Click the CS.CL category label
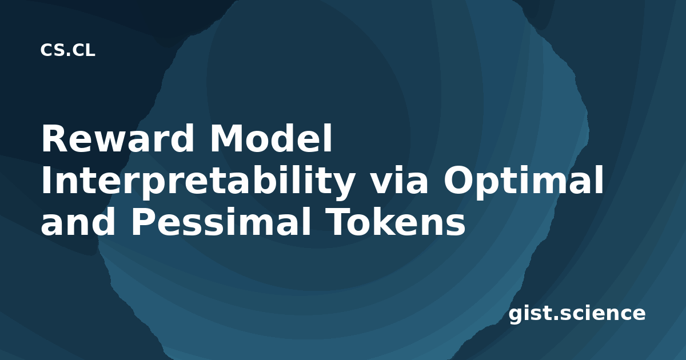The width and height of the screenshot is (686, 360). tap(67, 50)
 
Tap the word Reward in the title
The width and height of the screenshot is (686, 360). tap(118, 138)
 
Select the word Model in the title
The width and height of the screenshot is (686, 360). tap(271, 138)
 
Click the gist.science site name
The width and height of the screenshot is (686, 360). tap(577, 314)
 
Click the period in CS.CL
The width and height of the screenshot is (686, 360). tap(68, 55)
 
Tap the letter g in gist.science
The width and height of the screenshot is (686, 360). tap(516, 315)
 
